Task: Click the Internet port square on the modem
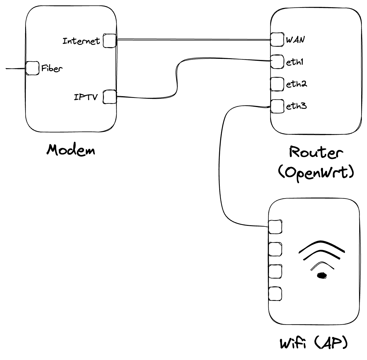point(109,41)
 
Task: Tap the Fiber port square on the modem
point(32,68)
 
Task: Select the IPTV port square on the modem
point(109,97)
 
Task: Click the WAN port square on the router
point(277,39)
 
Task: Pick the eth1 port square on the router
point(277,62)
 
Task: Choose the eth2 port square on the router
point(277,84)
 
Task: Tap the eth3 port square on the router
point(277,106)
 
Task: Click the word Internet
point(81,41)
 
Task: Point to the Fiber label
point(52,69)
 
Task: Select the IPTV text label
point(86,97)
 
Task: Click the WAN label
point(295,40)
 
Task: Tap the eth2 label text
point(296,84)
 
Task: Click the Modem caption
point(71,150)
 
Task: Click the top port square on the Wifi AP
point(275,227)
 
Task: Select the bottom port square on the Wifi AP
point(275,294)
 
